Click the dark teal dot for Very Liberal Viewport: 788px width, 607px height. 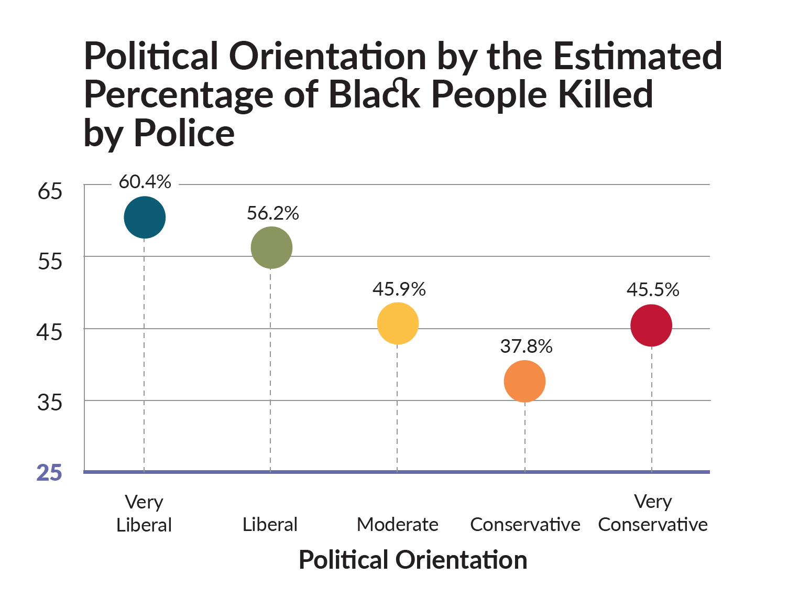(145, 218)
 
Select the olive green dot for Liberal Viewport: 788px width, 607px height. (271, 248)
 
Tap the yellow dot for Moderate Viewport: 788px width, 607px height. (398, 323)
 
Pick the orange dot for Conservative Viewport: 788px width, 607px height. (525, 382)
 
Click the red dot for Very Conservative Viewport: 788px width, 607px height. (651, 326)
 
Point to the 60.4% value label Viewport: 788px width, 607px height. (145, 182)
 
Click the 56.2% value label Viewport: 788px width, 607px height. (272, 213)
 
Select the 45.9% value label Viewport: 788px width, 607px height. (399, 289)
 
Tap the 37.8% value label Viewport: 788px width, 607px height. (526, 346)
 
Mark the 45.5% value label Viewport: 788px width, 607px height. (653, 290)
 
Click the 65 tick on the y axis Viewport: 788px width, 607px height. (50, 191)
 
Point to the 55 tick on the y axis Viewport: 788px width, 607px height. (50, 262)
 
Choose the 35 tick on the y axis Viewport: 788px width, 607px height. (50, 403)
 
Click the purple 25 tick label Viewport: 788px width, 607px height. (49, 473)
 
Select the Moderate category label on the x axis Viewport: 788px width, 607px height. (398, 525)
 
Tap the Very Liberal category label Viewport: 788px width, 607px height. (144, 514)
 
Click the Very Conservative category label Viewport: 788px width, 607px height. (653, 514)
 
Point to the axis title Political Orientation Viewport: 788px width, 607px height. (413, 560)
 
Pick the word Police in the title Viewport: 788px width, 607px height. (184, 133)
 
